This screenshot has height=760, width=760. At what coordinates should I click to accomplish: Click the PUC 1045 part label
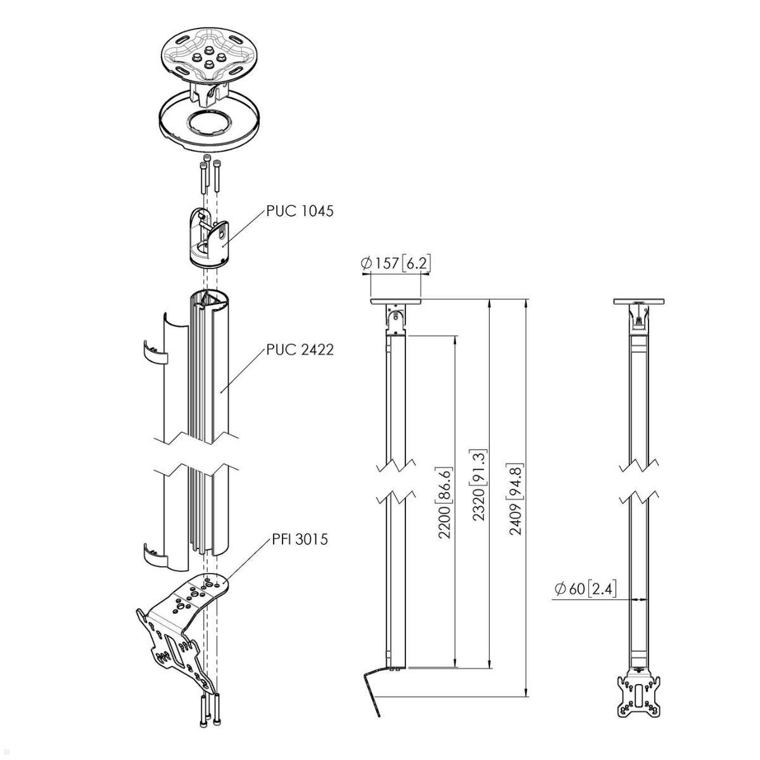tap(299, 211)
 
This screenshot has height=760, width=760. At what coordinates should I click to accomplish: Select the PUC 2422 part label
tap(299, 350)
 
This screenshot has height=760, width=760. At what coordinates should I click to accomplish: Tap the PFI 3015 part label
tap(300, 540)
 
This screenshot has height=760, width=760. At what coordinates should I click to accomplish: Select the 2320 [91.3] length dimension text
tap(479, 484)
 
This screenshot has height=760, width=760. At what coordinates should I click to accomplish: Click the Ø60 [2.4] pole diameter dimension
tap(585, 589)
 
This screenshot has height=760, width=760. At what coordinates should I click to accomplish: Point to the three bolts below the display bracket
tap(209, 709)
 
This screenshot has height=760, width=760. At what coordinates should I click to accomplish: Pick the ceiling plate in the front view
tap(640, 301)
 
